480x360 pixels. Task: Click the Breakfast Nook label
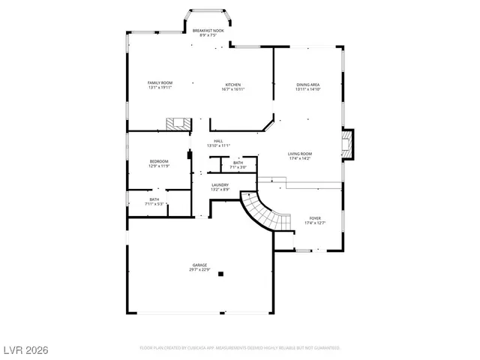point(208,30)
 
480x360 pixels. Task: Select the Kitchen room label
point(233,84)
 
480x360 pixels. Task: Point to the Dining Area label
point(307,84)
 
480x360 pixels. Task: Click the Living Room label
point(299,154)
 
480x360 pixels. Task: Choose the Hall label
point(218,141)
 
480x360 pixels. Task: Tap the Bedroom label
point(159,161)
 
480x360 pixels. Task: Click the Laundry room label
point(220,184)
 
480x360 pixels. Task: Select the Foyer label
point(315,218)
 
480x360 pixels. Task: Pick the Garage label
point(200,265)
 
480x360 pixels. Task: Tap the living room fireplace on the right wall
point(347,144)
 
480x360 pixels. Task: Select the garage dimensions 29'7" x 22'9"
point(200,269)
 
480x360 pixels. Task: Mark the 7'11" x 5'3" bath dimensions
point(154,203)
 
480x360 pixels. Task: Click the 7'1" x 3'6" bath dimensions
point(238,166)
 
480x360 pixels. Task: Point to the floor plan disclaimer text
point(240,348)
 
